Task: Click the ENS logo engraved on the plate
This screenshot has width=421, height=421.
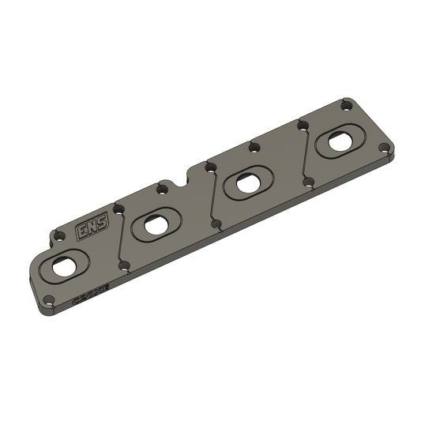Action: pos(87,230)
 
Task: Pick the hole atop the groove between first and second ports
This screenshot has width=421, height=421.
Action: pos(117,209)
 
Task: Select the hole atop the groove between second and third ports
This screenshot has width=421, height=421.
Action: pos(209,167)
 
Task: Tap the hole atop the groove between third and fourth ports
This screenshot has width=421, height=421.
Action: pos(301,125)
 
